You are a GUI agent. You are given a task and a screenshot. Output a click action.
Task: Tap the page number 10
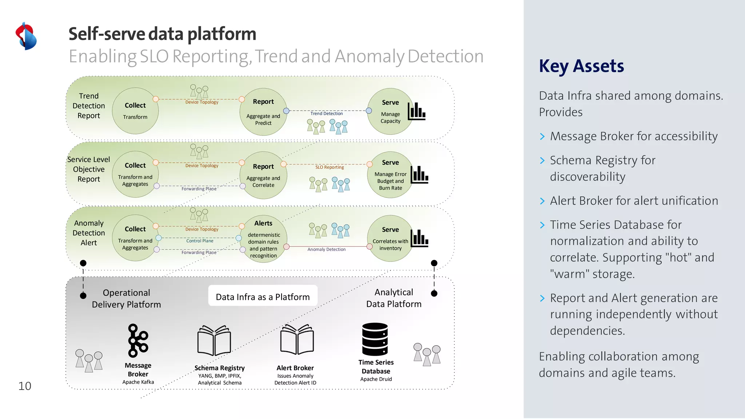pyautogui.click(x=25, y=386)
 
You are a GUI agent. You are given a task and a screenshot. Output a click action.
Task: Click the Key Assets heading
pyautogui.click(x=581, y=66)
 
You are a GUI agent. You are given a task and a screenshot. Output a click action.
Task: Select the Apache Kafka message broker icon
pyautogui.click(x=138, y=341)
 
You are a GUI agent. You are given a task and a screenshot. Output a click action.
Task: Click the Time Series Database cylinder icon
pyautogui.click(x=375, y=339)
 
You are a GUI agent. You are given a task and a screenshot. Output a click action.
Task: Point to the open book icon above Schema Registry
pyautogui.click(x=214, y=340)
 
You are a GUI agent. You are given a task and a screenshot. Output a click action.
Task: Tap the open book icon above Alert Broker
pyautogui.click(x=297, y=339)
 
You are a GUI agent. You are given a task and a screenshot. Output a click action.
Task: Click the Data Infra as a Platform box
pyautogui.click(x=263, y=296)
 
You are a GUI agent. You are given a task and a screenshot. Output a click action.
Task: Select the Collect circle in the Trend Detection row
pyautogui.click(x=135, y=111)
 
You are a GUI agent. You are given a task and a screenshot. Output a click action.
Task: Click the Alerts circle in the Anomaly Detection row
pyautogui.click(x=263, y=239)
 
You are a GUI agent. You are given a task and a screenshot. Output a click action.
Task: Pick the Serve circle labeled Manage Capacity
pyautogui.click(x=390, y=111)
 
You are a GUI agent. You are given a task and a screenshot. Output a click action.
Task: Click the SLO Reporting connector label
pyautogui.click(x=330, y=167)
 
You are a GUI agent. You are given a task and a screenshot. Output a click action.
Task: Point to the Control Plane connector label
pyautogui.click(x=200, y=241)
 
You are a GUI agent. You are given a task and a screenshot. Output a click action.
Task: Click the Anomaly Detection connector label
pyautogui.click(x=326, y=250)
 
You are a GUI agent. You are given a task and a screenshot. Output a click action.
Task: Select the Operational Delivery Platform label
pyautogui.click(x=126, y=299)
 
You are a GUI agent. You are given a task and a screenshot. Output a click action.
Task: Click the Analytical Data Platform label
pyautogui.click(x=394, y=298)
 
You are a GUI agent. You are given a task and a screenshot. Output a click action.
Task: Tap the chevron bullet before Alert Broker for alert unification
pyautogui.click(x=542, y=201)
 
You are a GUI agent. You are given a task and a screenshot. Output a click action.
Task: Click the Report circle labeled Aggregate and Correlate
pyautogui.click(x=263, y=175)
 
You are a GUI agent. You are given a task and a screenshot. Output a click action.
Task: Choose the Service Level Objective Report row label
pyautogui.click(x=89, y=169)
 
